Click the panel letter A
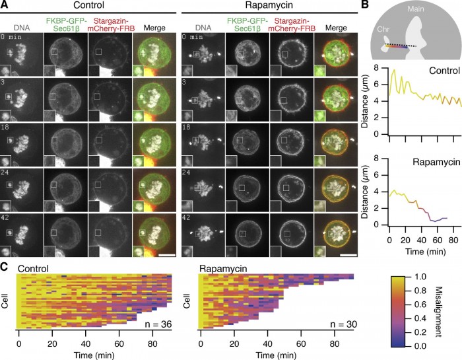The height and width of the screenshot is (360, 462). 5,5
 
